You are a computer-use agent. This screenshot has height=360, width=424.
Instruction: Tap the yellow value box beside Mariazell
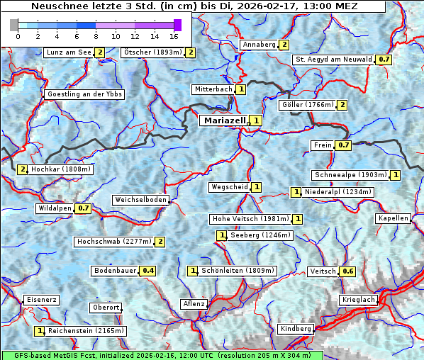[x=256, y=120]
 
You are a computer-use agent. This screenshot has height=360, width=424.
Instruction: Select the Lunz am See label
[x=69, y=52]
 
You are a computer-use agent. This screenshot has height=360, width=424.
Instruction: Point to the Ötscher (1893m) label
[x=152, y=52]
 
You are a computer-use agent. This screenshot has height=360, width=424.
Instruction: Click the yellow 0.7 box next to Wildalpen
[x=84, y=208]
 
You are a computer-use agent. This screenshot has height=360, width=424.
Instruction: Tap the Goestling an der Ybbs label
[x=84, y=94]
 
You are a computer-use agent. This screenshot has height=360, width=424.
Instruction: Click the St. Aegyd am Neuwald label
[x=334, y=60]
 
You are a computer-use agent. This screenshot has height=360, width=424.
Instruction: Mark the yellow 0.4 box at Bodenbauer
[x=147, y=271]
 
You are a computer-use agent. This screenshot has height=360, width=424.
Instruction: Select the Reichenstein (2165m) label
[x=87, y=331]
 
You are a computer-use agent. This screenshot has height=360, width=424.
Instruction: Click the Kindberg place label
[x=296, y=329]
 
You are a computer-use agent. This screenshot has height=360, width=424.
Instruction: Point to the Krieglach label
[x=357, y=300]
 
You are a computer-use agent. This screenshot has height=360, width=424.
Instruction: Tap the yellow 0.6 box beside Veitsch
[x=348, y=271]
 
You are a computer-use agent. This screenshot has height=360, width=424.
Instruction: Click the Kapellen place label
[x=394, y=218]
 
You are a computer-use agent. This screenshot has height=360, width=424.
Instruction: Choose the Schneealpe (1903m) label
[x=350, y=175]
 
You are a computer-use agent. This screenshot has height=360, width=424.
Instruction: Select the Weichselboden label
[x=141, y=201]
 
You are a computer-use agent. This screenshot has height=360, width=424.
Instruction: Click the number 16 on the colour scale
[x=174, y=36]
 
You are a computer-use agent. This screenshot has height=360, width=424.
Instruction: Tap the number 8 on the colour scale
[x=96, y=36]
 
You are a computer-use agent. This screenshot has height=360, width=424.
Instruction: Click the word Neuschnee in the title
[x=58, y=6]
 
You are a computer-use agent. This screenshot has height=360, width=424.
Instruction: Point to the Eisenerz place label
[x=41, y=300]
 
